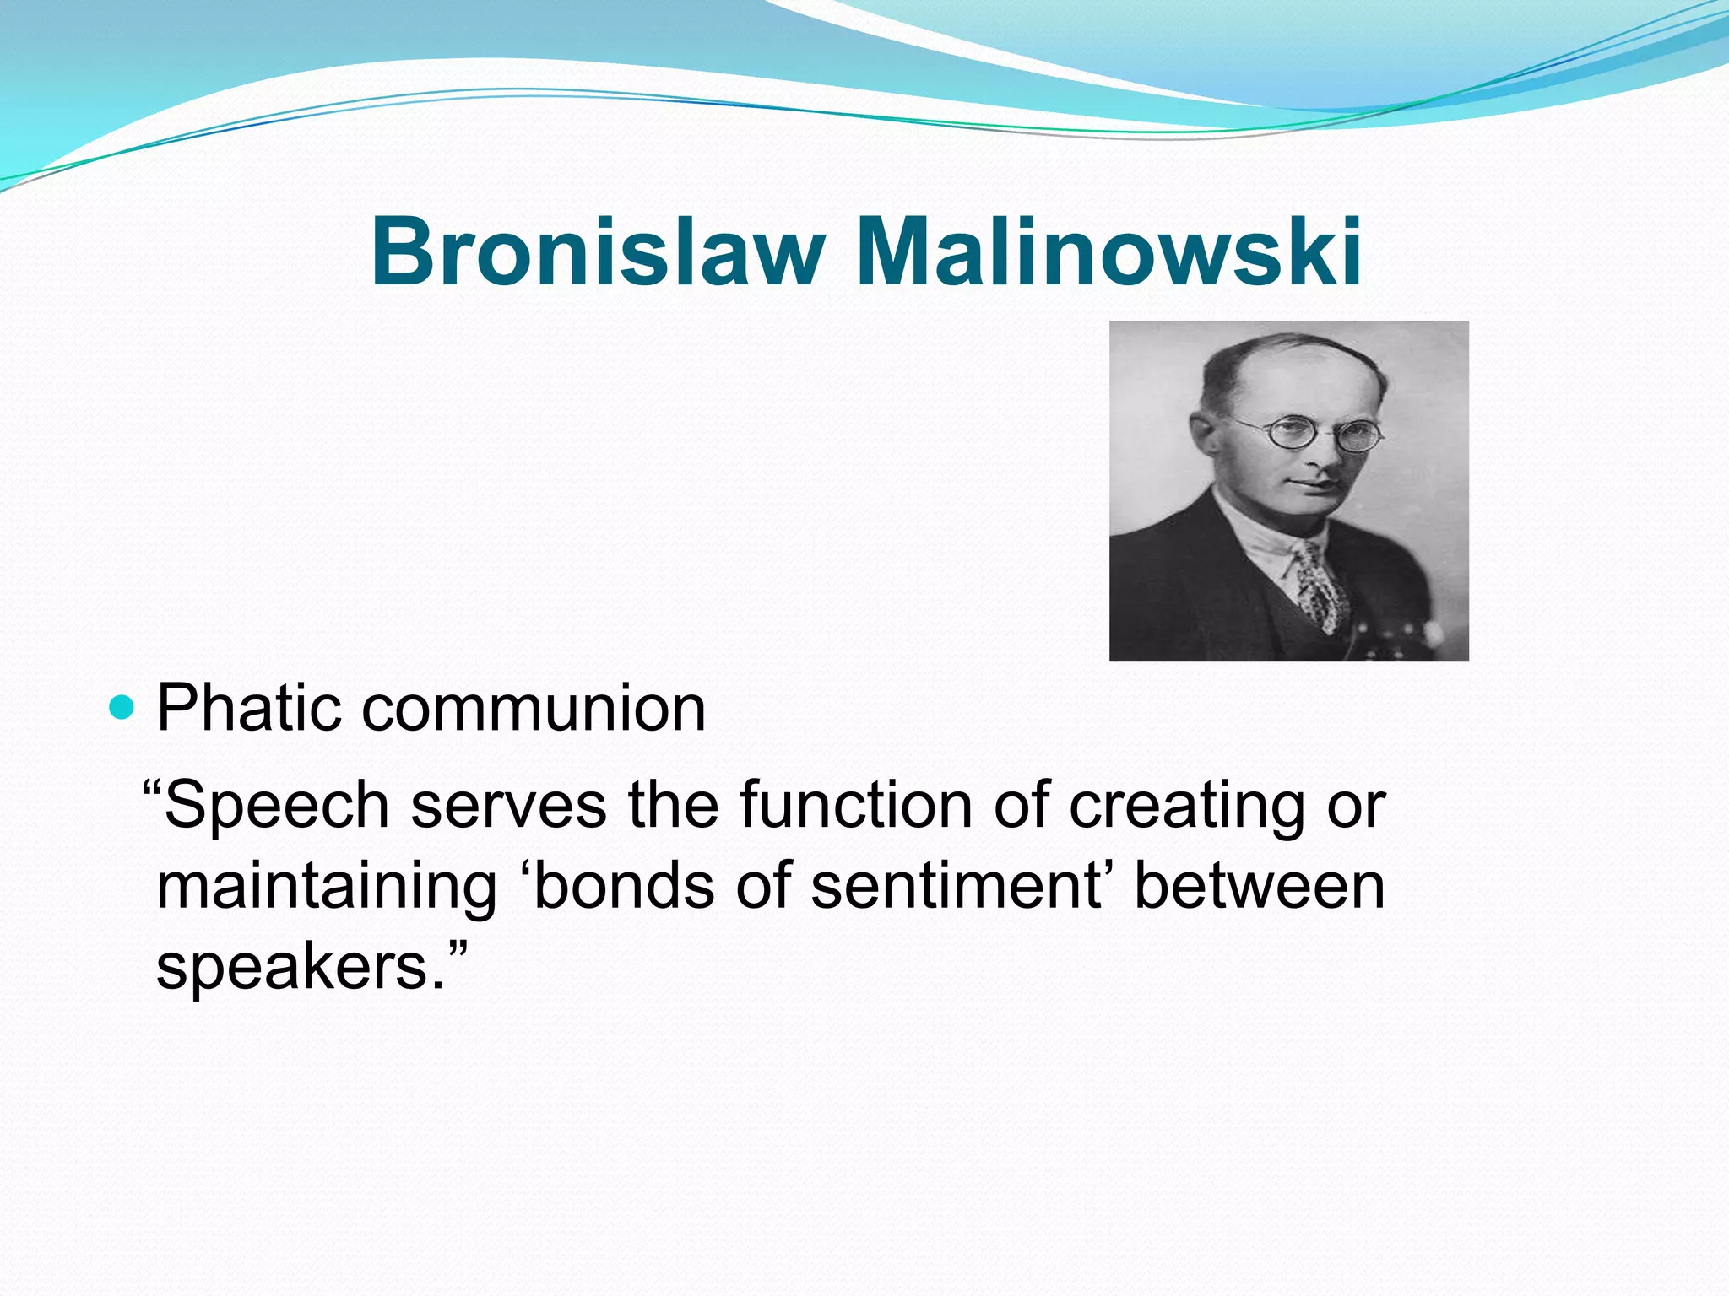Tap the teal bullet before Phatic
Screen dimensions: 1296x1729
click(x=122, y=707)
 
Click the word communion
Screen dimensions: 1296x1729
click(x=534, y=709)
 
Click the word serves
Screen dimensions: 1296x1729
click(x=508, y=806)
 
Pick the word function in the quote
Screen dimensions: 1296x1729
click(x=856, y=806)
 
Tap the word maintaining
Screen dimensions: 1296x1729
click(x=327, y=888)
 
